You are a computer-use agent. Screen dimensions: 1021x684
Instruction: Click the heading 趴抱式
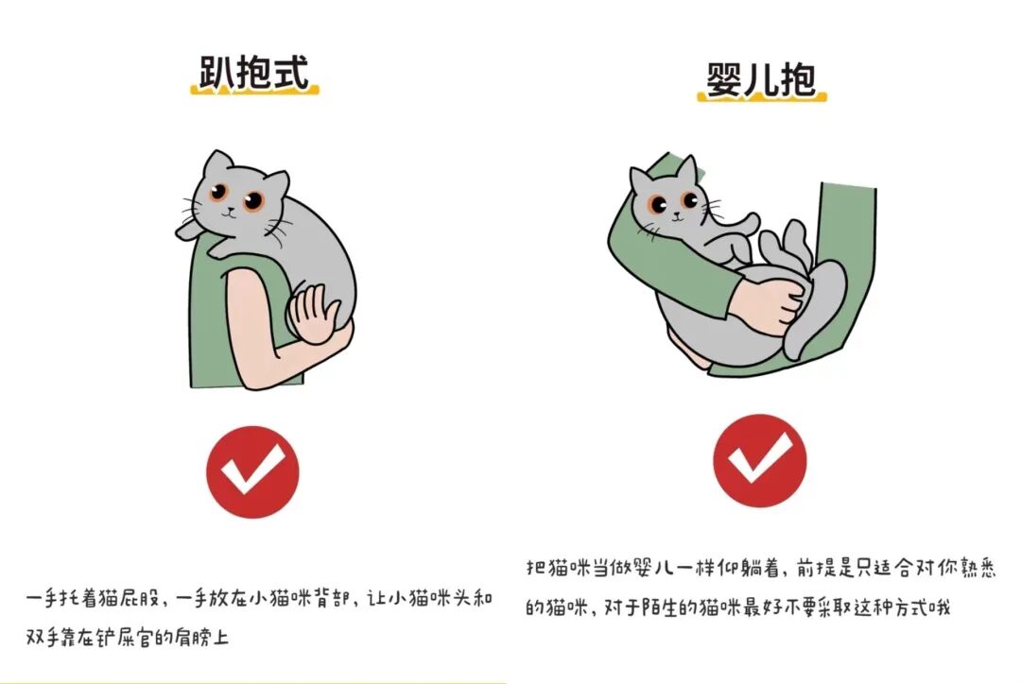point(253,72)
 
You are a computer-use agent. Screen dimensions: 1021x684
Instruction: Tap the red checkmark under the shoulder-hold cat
point(252,471)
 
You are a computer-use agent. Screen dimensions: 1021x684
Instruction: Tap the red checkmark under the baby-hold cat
point(760,461)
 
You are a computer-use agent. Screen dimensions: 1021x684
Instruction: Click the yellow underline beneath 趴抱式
point(254,89)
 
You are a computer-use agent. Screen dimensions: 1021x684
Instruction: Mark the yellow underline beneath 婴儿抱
point(762,96)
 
